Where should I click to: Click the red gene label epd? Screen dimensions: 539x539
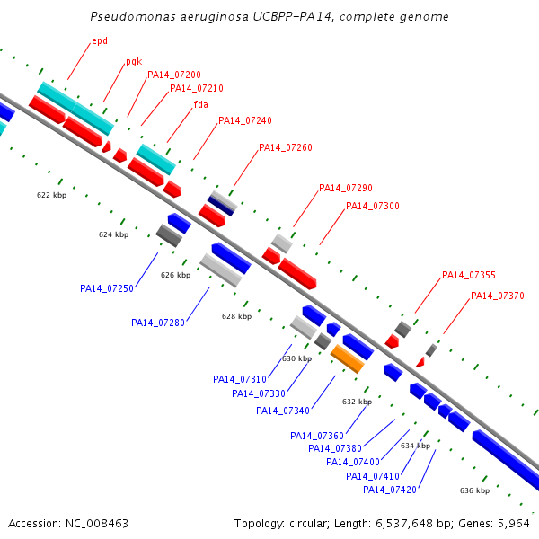pos(100,41)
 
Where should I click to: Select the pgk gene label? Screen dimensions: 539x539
pos(134,62)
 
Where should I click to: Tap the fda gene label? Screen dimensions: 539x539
pos(201,104)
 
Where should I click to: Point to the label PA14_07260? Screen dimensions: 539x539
pos(286,147)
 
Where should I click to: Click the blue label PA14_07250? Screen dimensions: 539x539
pos(107,288)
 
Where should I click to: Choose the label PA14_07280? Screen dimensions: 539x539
pos(158,323)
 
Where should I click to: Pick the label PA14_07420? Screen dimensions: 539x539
pos(390,490)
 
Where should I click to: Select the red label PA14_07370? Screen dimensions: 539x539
pos(498,296)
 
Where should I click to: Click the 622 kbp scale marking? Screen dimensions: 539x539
pos(51,195)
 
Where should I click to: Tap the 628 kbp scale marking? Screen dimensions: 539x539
pos(236,316)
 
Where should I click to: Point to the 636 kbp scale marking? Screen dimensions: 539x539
pos(474,490)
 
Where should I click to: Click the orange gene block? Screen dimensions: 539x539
pos(347,358)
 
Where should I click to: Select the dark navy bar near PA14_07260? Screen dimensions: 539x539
pos(221,207)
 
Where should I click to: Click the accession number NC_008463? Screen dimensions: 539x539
pos(97,524)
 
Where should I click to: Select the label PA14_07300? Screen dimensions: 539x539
pos(373,206)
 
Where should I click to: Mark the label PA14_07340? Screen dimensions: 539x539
pos(283,411)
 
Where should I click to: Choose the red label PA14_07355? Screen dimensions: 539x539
pos(469,275)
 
